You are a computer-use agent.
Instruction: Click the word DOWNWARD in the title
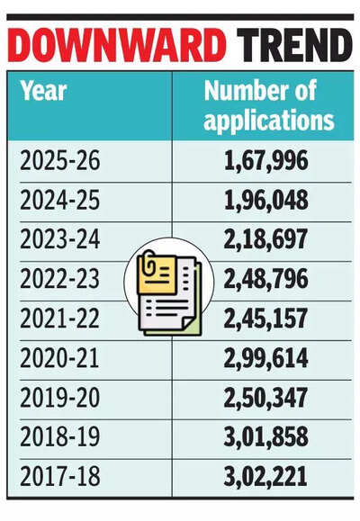116,45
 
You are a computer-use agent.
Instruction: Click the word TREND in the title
294,45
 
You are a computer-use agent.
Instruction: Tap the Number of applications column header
268,105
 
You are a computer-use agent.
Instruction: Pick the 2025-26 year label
59,160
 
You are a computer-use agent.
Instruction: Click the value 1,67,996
265,161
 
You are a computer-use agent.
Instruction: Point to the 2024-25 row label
59,200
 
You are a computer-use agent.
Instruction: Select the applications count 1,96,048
265,201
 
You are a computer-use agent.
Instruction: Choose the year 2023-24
59,239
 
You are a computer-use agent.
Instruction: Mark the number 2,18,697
265,240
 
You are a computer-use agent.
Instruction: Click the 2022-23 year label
59,279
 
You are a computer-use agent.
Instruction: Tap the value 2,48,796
265,280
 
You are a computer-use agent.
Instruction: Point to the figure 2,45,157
265,319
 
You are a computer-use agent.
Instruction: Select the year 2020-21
59,358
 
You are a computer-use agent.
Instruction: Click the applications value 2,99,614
265,358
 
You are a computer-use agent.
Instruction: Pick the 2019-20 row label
59,398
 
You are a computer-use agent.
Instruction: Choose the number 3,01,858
265,437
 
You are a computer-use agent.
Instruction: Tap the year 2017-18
59,477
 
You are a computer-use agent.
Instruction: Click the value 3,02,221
265,477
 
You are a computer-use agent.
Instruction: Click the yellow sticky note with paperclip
157,273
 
